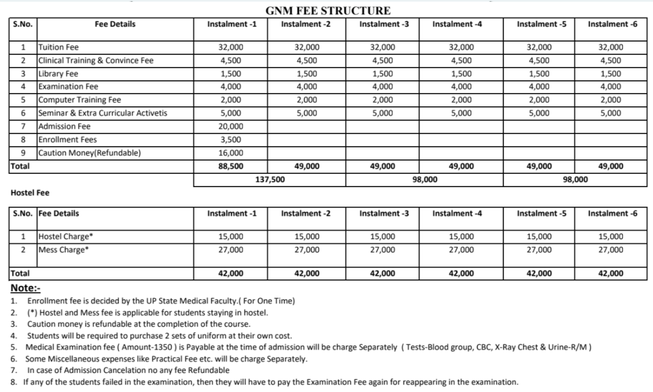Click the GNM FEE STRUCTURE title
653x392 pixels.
(x=328, y=11)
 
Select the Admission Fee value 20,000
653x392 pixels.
(x=231, y=126)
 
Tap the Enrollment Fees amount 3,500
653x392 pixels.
(x=231, y=140)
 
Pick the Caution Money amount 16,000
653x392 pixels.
(x=231, y=153)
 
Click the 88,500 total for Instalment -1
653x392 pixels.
(x=231, y=166)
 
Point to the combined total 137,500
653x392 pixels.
(x=270, y=180)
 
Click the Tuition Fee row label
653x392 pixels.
(x=58, y=47)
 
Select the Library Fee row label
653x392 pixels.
(x=58, y=74)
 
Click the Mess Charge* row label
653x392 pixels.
(x=63, y=250)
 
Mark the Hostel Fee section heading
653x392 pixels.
(x=30, y=193)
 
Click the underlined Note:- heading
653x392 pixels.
(x=26, y=288)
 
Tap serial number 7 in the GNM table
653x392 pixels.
(x=23, y=126)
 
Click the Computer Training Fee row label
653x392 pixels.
(x=79, y=100)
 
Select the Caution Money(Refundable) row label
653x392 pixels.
(x=89, y=153)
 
